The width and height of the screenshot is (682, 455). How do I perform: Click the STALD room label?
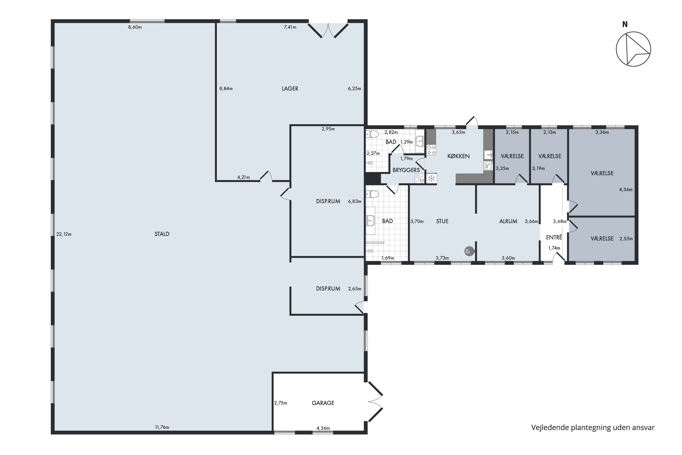tap(162, 234)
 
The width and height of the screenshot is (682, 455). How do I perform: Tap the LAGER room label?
tap(290, 88)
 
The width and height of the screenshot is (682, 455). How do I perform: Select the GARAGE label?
tap(323, 403)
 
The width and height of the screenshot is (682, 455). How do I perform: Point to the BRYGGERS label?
tap(406, 170)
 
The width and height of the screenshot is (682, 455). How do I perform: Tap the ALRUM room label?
tap(508, 221)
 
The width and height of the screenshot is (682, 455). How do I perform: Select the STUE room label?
tap(442, 221)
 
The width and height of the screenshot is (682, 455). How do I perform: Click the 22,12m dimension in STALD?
tap(64, 234)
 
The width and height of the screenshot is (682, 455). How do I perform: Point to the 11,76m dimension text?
tap(162, 427)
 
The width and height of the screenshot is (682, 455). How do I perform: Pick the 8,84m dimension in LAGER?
tap(226, 88)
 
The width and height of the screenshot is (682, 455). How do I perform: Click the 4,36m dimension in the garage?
tap(323, 428)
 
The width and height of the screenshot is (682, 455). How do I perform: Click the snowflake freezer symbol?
tap(432, 178)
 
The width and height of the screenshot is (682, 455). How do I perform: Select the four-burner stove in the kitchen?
tap(431, 150)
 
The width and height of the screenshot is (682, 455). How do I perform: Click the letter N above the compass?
tap(625, 25)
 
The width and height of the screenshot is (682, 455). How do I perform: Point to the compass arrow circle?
tap(633, 49)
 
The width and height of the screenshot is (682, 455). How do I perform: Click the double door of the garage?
tap(376, 402)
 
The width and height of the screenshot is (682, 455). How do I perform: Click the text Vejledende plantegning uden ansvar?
tap(593, 427)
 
